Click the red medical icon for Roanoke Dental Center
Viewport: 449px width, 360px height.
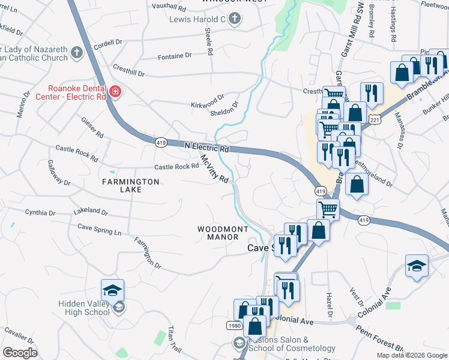[x=115, y=92]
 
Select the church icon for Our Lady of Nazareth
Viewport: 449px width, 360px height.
[x=76, y=53]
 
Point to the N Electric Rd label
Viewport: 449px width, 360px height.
[x=206, y=147]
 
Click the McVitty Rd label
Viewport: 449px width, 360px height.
[x=214, y=170]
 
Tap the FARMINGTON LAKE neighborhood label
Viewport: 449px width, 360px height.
[x=130, y=185]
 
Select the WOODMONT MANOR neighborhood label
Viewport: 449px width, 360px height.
[x=223, y=233]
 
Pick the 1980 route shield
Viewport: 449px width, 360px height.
[x=235, y=325]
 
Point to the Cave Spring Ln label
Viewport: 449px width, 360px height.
[x=100, y=229]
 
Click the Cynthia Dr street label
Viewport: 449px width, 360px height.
[x=40, y=212]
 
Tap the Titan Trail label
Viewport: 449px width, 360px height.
[x=174, y=339]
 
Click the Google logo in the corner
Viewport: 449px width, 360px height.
[x=20, y=352]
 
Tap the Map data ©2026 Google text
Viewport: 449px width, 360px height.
[x=411, y=355]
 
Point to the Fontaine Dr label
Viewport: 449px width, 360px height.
[x=174, y=55]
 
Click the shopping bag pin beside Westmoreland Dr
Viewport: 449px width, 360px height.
[x=357, y=185]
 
